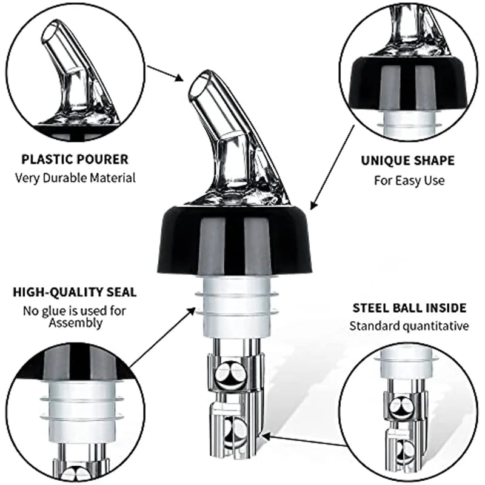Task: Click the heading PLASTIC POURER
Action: (x=75, y=159)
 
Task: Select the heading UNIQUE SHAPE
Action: (x=407, y=161)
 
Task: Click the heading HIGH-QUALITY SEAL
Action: (x=75, y=292)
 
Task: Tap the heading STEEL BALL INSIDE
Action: (x=409, y=308)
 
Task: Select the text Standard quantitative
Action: (x=409, y=326)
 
